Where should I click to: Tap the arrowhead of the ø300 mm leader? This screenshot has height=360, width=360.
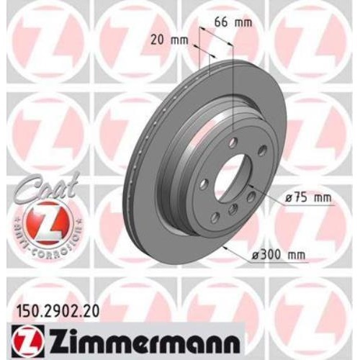pos(225,246)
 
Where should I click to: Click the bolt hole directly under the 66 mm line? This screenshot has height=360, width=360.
pos(234,143)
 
